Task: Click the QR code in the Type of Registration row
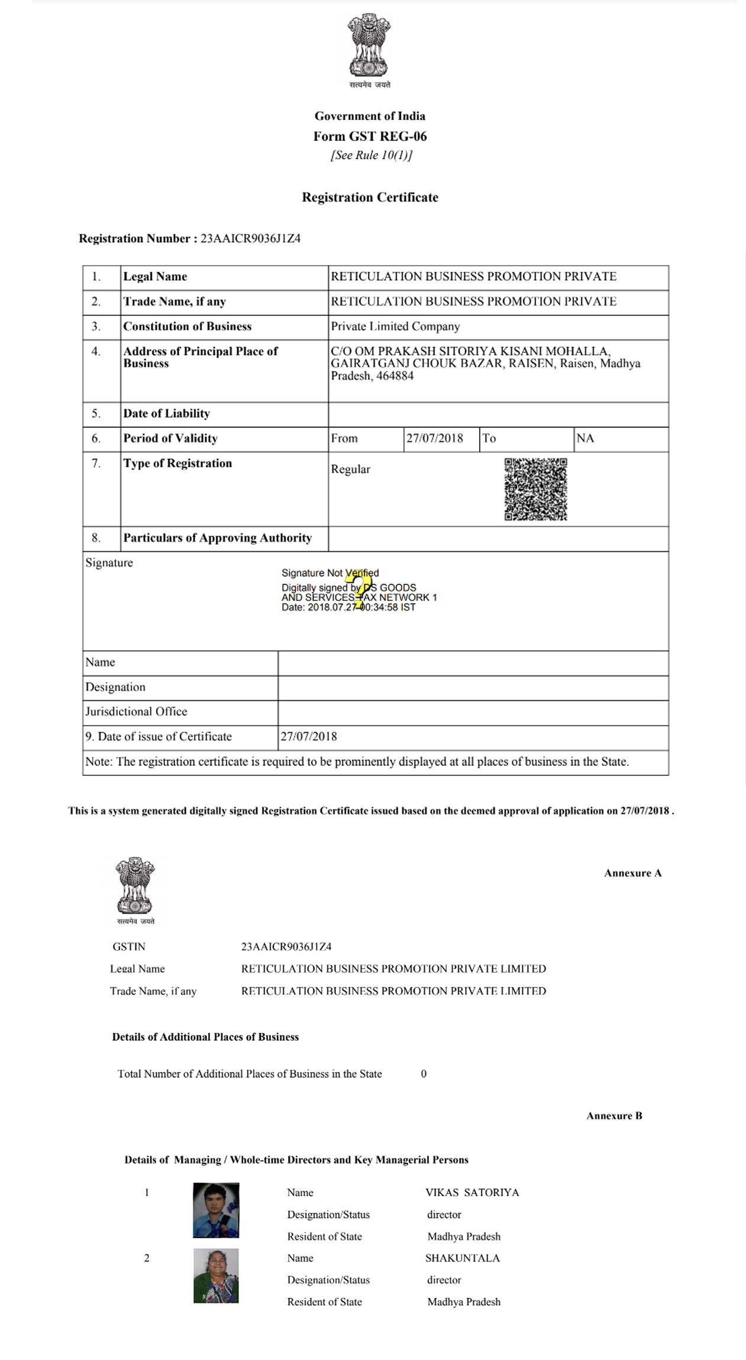pos(535,489)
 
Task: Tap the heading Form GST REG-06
pos(370,137)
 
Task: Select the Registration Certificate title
pos(370,197)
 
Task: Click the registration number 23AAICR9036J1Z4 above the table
pos(250,239)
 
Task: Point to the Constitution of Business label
pos(187,326)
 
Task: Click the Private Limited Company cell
pos(395,326)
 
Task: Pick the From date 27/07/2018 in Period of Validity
pos(434,438)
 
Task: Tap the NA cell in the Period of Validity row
pos(585,438)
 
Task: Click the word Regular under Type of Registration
pos(350,469)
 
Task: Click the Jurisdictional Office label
pos(136,712)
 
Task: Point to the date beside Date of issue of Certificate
pos(309,737)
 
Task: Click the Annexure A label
pos(632,873)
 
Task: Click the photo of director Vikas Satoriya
pos(216,1210)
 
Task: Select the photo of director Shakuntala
pos(216,1276)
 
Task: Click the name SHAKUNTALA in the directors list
pos(462,1258)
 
